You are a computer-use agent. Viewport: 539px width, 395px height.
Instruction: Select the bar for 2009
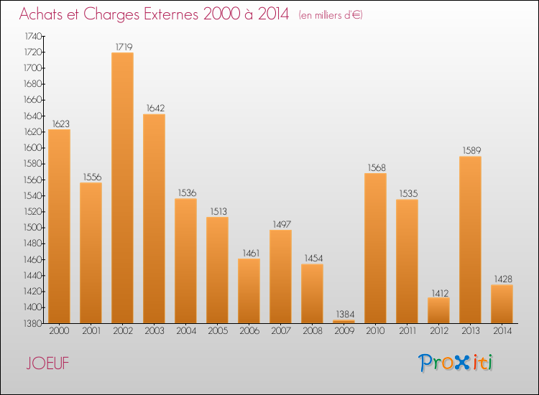pyautogui.click(x=344, y=322)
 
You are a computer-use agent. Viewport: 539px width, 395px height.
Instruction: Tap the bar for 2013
pyautogui.click(x=470, y=240)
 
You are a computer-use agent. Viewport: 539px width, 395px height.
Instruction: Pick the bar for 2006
pyautogui.click(x=249, y=291)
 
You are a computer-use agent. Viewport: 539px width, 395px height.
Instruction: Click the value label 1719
pyautogui.click(x=123, y=47)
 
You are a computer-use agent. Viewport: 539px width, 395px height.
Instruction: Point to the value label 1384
pyautogui.click(x=344, y=315)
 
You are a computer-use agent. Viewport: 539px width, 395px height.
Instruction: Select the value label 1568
pyautogui.click(x=376, y=167)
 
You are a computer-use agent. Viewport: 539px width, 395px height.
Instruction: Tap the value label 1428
pyautogui.click(x=502, y=279)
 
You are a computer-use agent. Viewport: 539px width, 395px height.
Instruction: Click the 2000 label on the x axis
pyautogui.click(x=59, y=331)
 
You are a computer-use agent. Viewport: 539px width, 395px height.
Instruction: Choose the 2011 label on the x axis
pyautogui.click(x=407, y=331)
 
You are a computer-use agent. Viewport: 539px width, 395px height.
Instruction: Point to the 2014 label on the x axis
pyautogui.click(x=502, y=331)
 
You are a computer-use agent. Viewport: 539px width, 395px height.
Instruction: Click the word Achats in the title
pyautogui.click(x=43, y=14)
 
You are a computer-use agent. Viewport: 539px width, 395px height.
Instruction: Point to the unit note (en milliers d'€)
pyautogui.click(x=331, y=15)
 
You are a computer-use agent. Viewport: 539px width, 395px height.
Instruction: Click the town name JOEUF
pyautogui.click(x=47, y=363)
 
